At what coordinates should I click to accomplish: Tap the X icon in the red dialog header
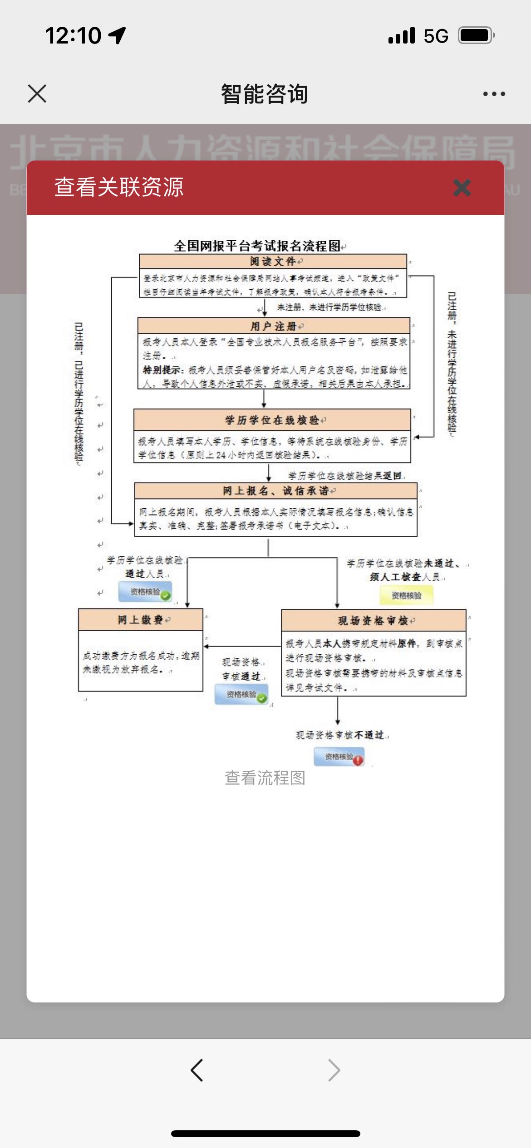462,188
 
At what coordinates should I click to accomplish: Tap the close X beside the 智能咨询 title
37,94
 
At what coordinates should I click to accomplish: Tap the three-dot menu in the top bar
494,94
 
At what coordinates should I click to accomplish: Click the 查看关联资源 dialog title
119,187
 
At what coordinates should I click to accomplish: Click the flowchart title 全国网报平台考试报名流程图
257,246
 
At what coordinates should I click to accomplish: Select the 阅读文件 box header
273,262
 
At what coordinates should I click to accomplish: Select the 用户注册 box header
274,326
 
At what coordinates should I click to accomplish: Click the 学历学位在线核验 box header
272,420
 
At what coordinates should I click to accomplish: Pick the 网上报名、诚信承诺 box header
275,491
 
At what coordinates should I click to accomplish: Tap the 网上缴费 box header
140,620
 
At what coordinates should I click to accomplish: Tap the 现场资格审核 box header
374,621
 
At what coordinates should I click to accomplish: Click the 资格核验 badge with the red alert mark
339,757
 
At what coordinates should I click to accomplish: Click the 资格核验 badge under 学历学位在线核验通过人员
145,592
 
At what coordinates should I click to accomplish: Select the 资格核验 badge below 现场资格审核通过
241,695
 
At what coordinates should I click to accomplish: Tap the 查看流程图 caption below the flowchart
265,778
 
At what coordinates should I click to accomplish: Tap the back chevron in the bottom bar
197,1070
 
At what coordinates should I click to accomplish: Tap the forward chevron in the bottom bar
334,1070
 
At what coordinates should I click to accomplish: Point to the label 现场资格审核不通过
340,735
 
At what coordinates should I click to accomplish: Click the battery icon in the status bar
476,35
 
